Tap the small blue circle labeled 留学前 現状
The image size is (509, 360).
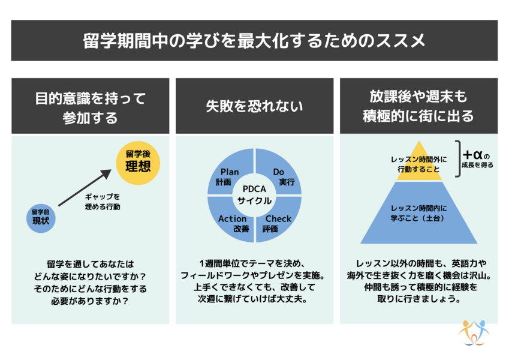pyautogui.click(x=41, y=218)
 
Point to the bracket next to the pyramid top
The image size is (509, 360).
pyautogui.click(x=457, y=157)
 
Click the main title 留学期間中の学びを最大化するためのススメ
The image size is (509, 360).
pyautogui.click(x=254, y=41)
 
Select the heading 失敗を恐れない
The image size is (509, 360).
pyautogui.click(x=254, y=106)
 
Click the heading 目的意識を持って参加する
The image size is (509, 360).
pyautogui.click(x=90, y=106)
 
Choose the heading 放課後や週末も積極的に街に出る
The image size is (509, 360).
pyautogui.click(x=418, y=106)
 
